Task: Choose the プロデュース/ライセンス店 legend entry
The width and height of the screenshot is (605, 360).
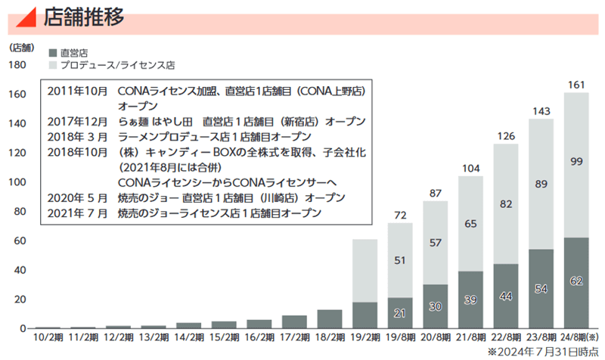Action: tap(117, 65)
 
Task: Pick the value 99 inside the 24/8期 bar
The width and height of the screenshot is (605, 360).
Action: tap(576, 160)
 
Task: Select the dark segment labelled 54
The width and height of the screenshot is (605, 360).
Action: tap(541, 289)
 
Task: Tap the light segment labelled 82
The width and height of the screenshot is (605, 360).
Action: tap(505, 204)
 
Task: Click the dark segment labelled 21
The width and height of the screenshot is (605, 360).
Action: tap(399, 313)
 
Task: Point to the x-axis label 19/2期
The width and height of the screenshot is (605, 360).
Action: tap(365, 339)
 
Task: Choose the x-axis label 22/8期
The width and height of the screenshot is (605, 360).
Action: tap(505, 339)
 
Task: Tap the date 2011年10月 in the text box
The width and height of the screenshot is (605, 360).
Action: tap(77, 91)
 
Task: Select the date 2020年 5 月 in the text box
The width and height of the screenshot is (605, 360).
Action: tap(77, 198)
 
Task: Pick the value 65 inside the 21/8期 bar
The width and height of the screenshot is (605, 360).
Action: tap(470, 223)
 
